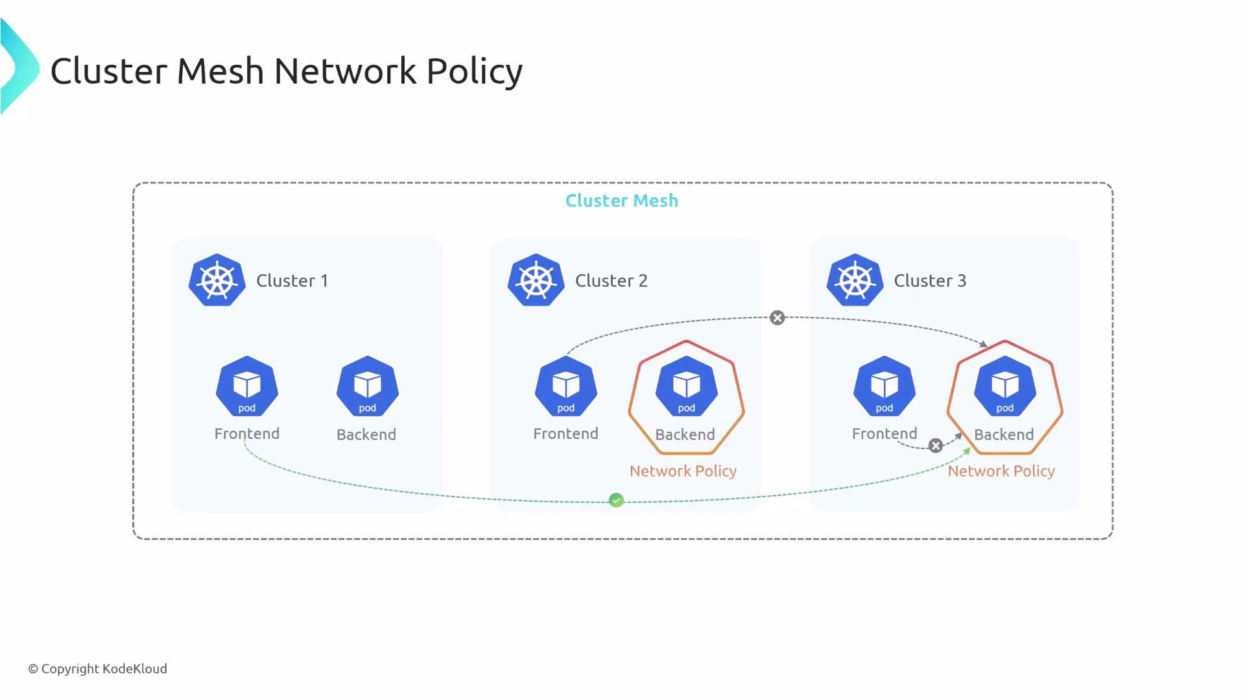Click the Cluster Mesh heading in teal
point(621,201)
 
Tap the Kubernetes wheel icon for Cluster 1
point(217,280)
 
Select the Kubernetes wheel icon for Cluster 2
point(536,280)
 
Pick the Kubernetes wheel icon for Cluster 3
point(855,280)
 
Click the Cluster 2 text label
point(611,281)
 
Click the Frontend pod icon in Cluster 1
point(247,386)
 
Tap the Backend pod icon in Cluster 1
point(368,386)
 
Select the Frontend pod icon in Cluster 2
point(565,386)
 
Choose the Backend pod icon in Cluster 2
point(686,386)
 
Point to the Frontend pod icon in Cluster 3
point(884,386)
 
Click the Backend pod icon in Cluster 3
point(1004,386)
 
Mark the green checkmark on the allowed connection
point(617,500)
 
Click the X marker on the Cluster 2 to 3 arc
point(777,318)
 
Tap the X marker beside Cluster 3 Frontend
point(935,446)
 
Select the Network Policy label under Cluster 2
point(683,471)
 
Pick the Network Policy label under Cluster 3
point(1001,471)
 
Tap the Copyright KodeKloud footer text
point(97,669)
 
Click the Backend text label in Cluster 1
point(366,435)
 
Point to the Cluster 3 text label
point(929,281)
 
